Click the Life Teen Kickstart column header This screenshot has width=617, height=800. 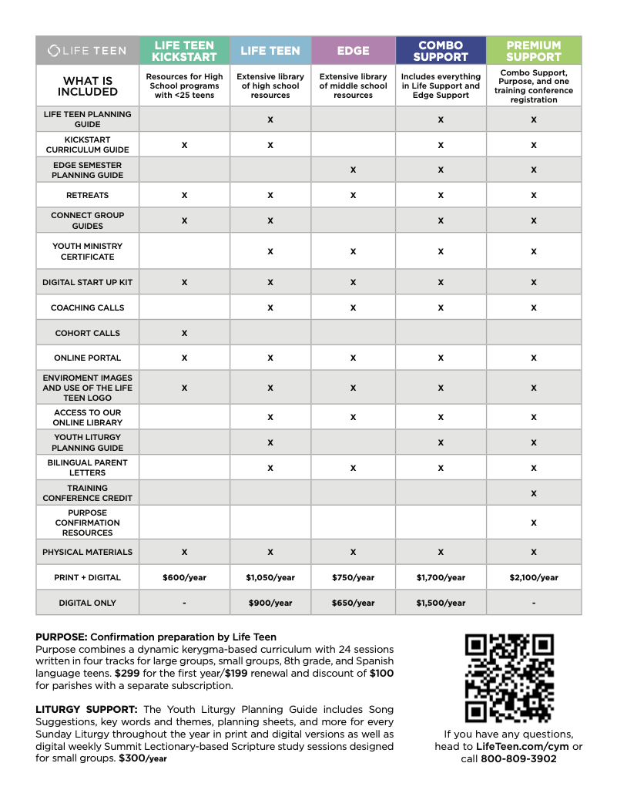coord(184,51)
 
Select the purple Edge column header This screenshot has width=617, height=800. coord(353,51)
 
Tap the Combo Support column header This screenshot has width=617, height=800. coord(441,51)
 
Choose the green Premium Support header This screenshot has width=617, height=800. coord(534,51)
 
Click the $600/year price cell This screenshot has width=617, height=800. coord(184,577)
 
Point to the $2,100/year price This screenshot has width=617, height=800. coord(534,577)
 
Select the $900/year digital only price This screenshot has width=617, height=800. coord(270,603)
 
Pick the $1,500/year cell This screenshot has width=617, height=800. coord(441,603)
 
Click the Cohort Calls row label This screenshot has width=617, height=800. coord(87,333)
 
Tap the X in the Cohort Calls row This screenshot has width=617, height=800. coord(184,333)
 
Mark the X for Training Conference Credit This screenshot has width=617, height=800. coord(534,493)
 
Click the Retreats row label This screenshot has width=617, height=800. coord(87,196)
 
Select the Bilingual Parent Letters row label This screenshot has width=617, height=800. coord(87,468)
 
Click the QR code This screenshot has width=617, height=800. coord(509,678)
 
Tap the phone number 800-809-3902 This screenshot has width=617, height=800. coord(518,758)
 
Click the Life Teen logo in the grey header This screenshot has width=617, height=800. coord(87,51)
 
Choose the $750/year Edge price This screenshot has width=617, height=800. coord(353,577)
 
